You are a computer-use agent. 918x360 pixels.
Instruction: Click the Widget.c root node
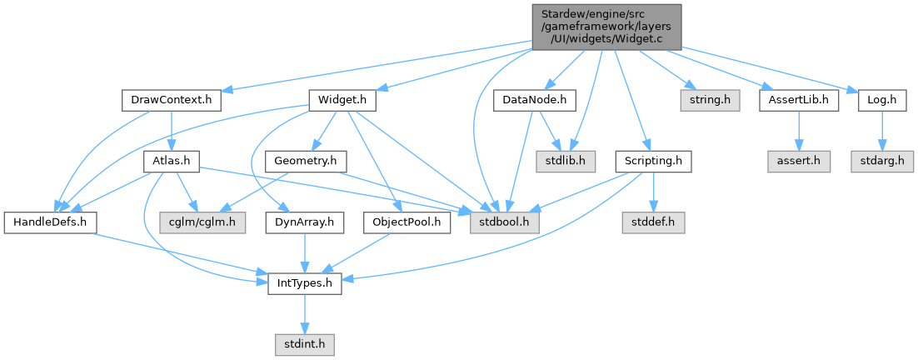(x=606, y=26)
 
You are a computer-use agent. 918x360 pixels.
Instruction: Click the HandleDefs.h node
(x=50, y=222)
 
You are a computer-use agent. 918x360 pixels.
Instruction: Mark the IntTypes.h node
(x=305, y=283)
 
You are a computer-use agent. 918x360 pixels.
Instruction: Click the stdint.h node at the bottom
(x=305, y=343)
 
